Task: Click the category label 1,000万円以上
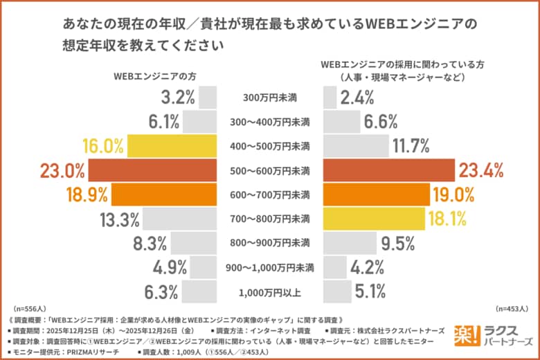click(271, 291)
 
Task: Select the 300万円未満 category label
click(271, 98)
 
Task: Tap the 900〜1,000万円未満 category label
click(271, 267)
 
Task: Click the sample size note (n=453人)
click(512, 309)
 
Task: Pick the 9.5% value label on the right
click(397, 243)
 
